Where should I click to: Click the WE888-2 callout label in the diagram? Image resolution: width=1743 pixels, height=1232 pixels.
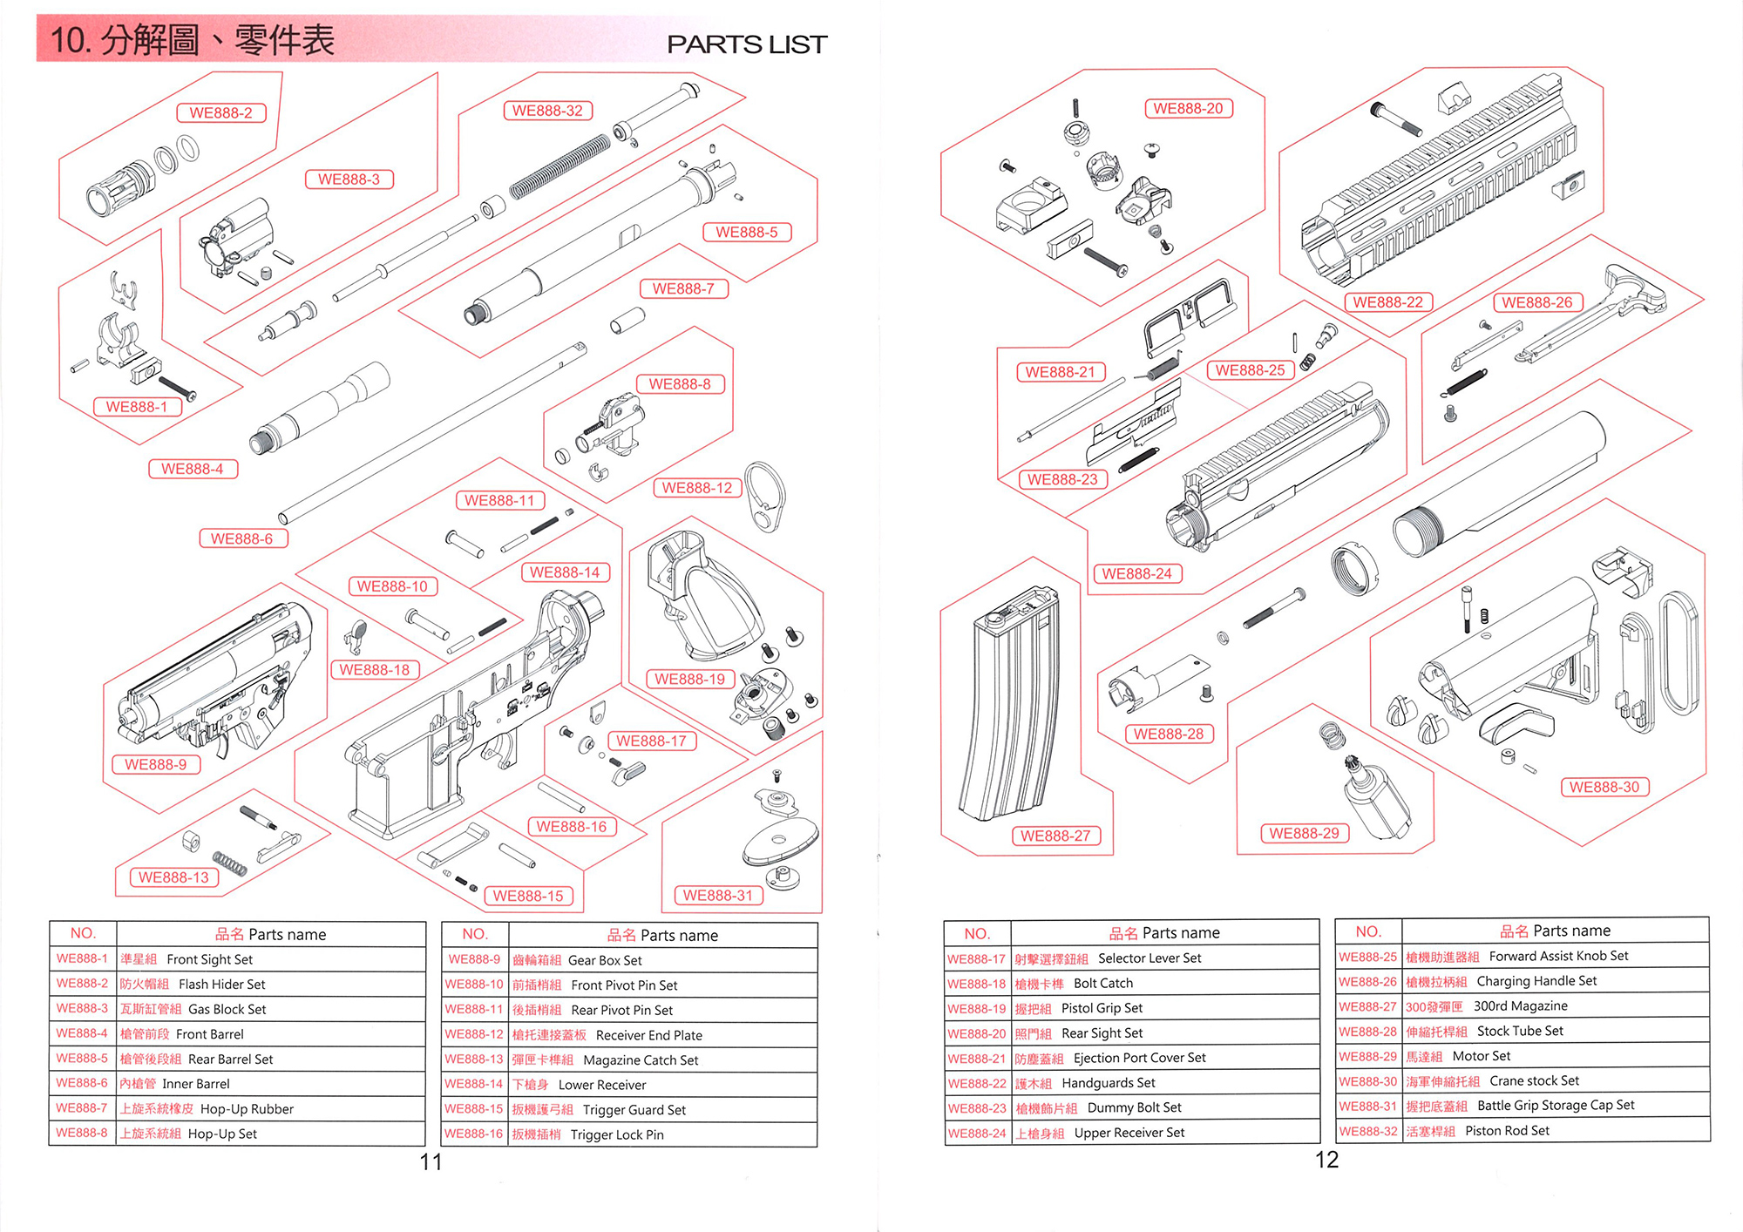(220, 112)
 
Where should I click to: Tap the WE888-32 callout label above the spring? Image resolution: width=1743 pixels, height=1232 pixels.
(547, 111)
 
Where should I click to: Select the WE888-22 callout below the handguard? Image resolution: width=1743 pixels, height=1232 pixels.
(1387, 302)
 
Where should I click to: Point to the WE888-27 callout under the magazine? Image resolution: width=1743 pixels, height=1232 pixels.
(1055, 836)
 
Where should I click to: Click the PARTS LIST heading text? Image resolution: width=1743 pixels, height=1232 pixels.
(746, 44)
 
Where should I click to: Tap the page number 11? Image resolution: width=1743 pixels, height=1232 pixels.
(431, 1161)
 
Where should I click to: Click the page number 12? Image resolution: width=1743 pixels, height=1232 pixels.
(1326, 1160)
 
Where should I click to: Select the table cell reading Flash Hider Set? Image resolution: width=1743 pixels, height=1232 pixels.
(221, 985)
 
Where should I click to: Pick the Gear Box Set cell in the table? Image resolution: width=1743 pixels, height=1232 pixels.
(605, 960)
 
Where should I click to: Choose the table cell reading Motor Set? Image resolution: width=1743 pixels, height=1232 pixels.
(1481, 1056)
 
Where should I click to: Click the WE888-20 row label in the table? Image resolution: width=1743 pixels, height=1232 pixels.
(976, 1033)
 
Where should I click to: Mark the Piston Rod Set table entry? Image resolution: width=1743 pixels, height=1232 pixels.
(1507, 1131)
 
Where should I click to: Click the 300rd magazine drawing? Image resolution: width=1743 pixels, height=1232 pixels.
(1009, 706)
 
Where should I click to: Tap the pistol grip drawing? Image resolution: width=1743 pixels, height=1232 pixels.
(706, 601)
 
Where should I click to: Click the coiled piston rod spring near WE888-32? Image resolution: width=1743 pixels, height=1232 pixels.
(560, 166)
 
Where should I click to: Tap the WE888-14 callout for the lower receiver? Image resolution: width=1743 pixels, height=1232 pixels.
(565, 572)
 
